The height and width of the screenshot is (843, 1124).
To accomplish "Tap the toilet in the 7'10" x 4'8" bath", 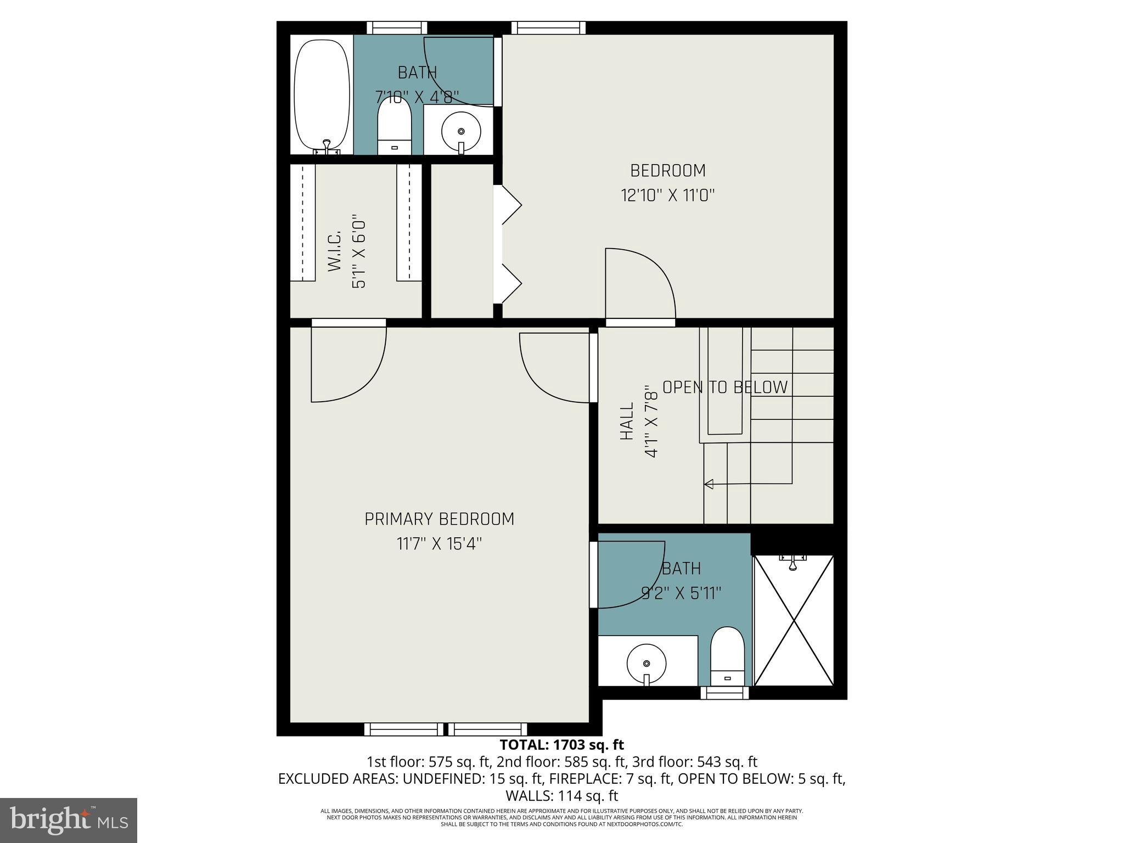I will tap(395, 127).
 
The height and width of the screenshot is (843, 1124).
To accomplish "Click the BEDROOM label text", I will tap(667, 171).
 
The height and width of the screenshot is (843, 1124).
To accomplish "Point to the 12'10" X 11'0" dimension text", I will tap(667, 195).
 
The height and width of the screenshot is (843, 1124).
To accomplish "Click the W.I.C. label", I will tap(335, 251).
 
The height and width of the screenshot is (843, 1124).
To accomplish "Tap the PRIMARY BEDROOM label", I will tap(439, 519).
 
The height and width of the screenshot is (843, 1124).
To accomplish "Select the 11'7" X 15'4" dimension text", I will tap(439, 544).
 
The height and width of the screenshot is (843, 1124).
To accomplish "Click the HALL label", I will tap(627, 421).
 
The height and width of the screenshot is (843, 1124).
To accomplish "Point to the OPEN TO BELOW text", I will tap(724, 387).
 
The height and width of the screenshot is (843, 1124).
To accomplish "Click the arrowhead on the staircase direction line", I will tap(709, 484).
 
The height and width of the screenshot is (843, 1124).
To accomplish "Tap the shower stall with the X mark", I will tap(794, 620).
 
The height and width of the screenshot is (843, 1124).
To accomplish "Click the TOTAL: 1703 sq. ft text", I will tap(561, 745).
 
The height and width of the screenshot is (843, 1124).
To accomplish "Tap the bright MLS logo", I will tap(69, 820).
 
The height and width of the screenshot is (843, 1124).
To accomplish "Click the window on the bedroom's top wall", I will tap(548, 27).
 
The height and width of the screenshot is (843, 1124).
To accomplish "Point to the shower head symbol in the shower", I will tap(793, 562).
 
